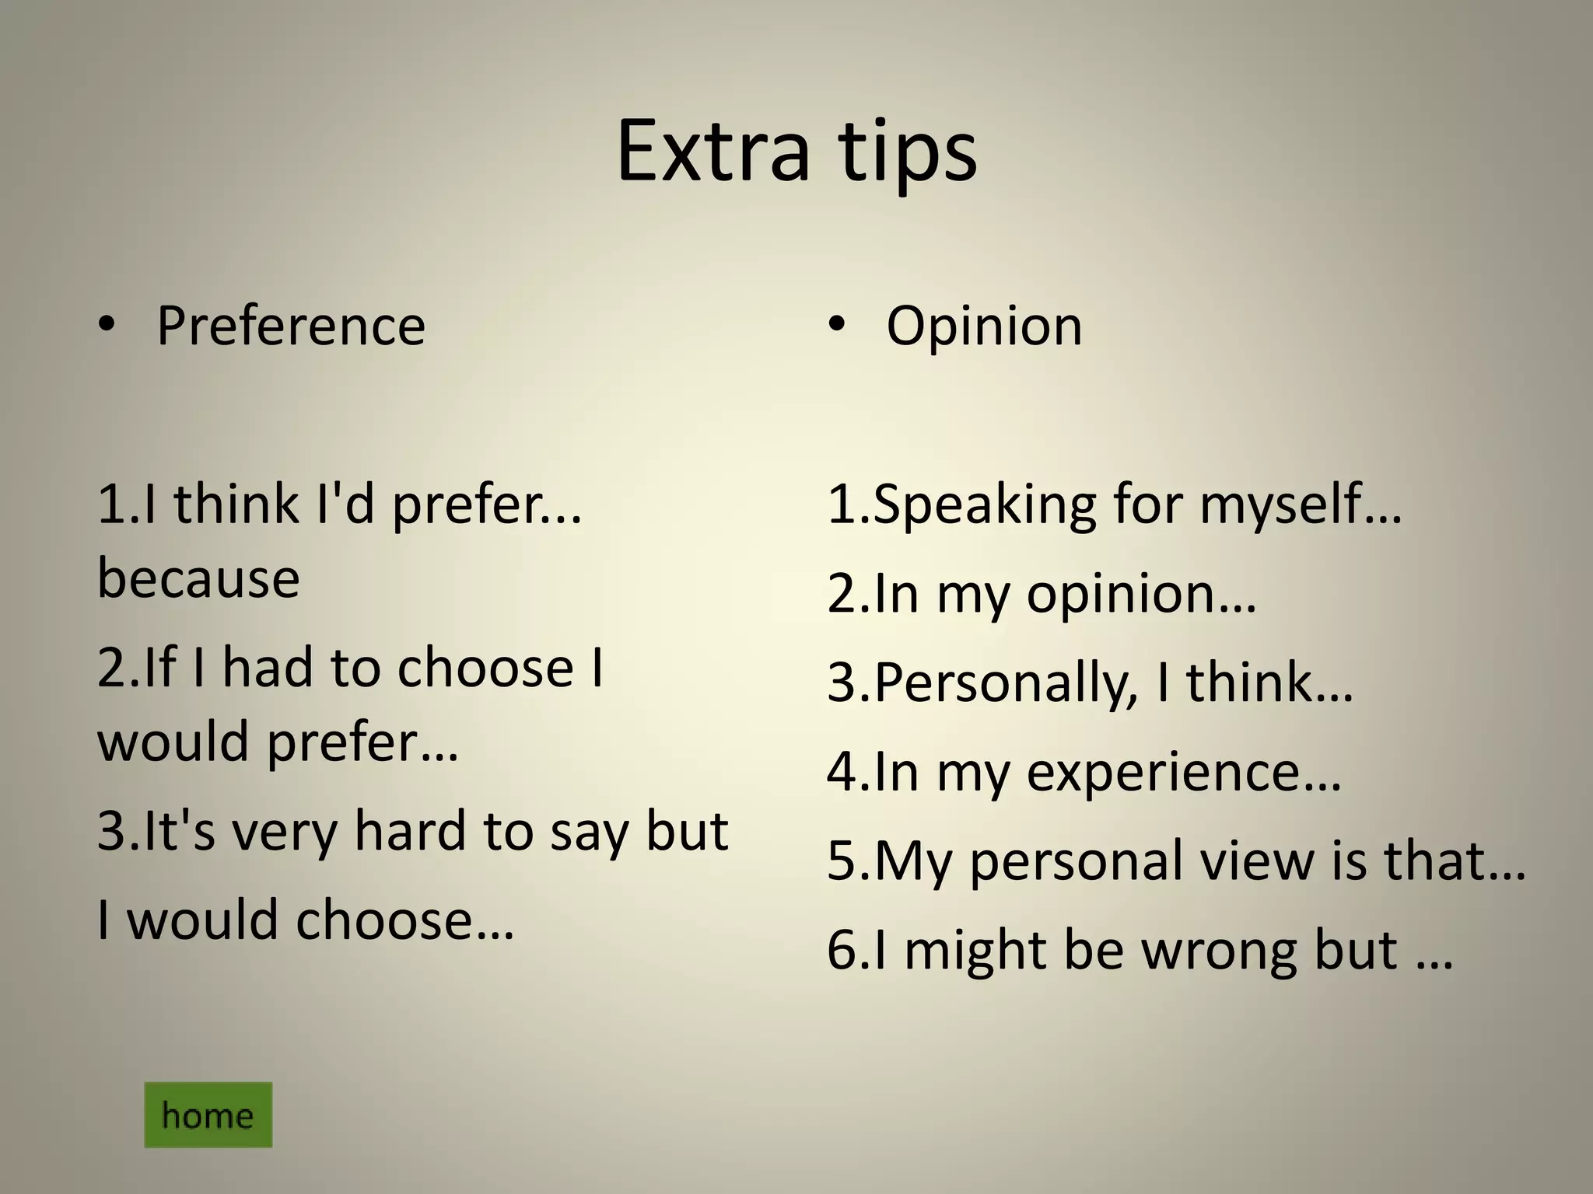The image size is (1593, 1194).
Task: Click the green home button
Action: point(208,1115)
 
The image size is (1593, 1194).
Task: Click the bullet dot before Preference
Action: point(107,326)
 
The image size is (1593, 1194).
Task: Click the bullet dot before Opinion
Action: point(836,326)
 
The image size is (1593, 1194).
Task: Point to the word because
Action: point(198,578)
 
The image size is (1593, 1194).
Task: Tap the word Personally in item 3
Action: point(1003,683)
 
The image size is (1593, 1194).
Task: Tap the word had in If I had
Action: point(268,668)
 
